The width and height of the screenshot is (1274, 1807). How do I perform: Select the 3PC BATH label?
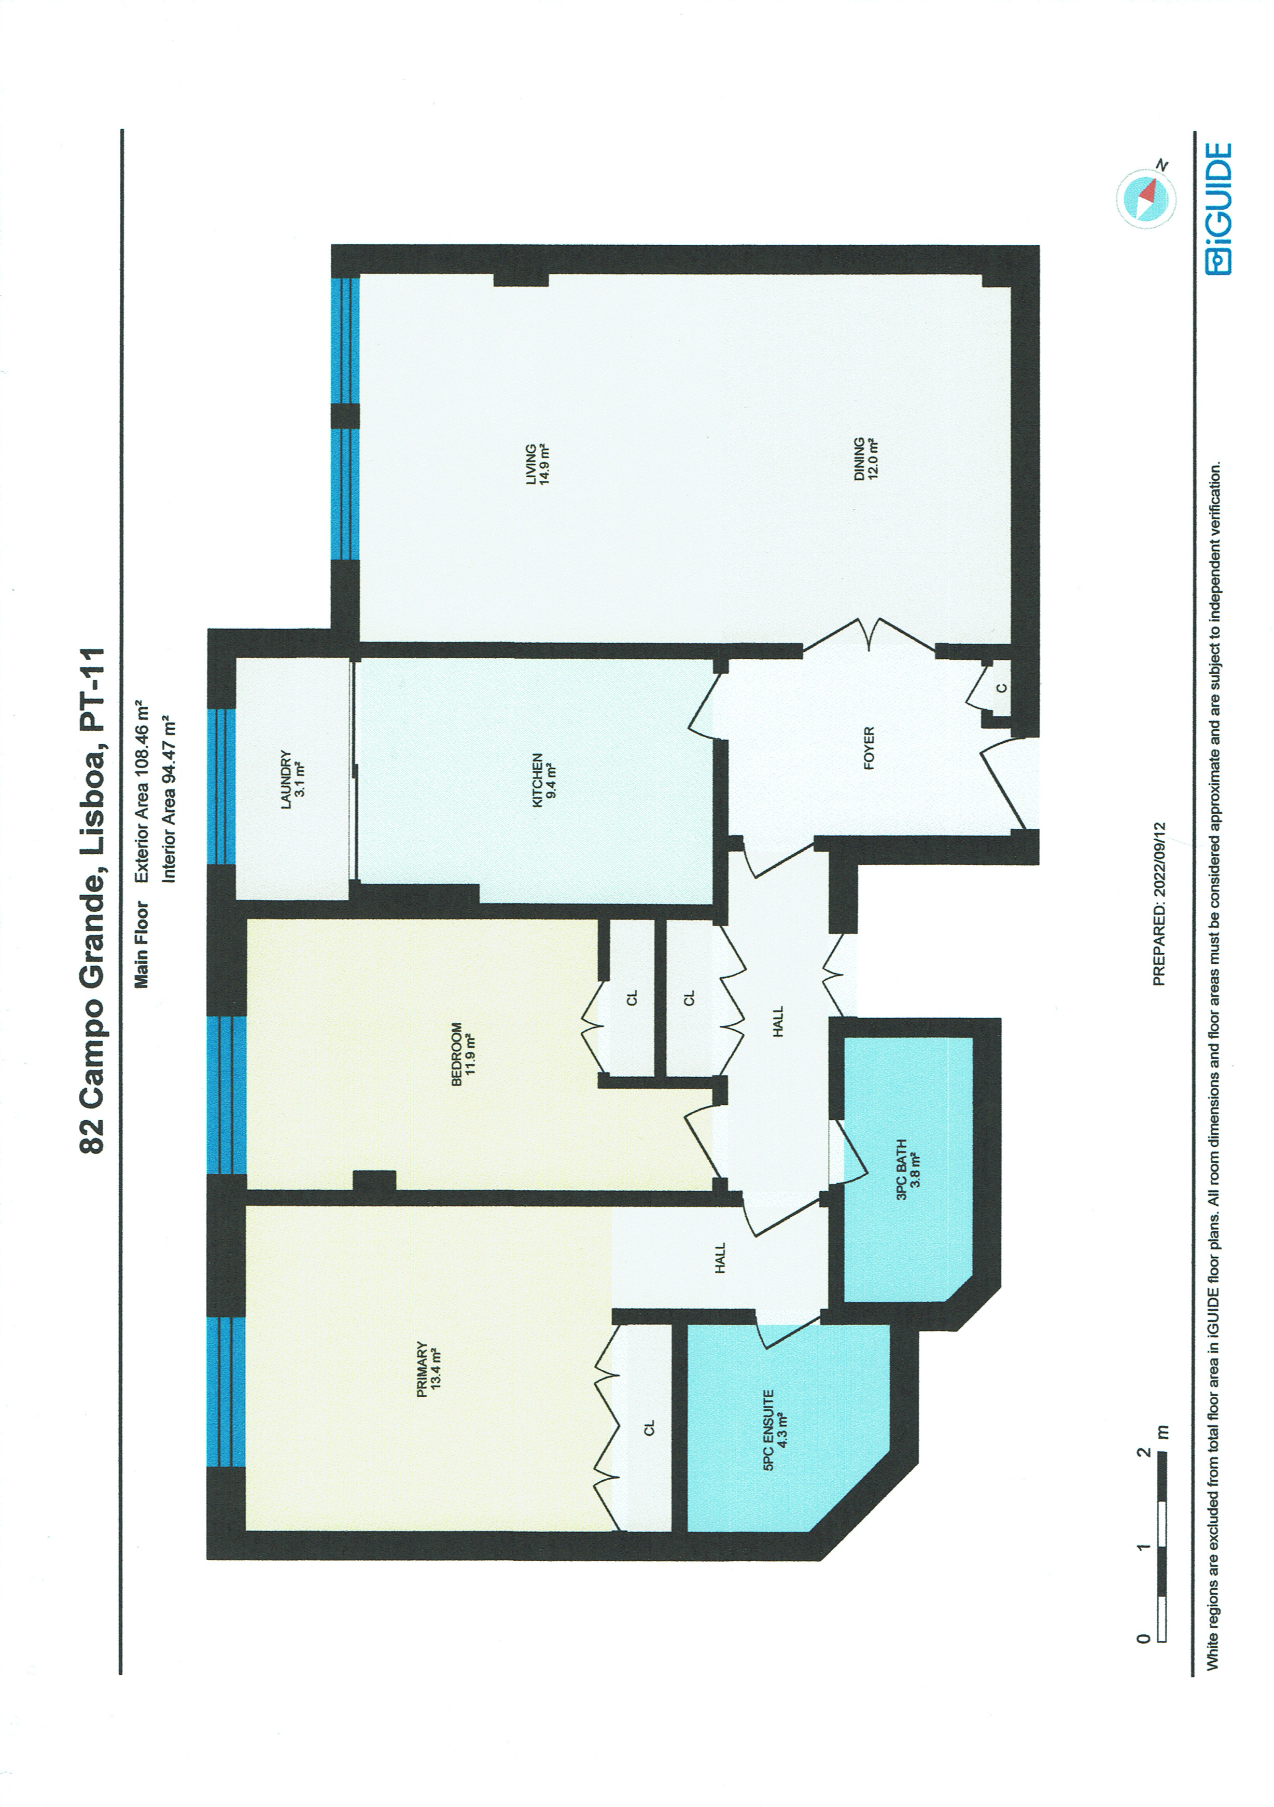[907, 1170]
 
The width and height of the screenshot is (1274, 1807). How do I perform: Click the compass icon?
[1146, 198]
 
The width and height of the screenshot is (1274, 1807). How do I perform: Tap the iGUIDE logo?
[1218, 208]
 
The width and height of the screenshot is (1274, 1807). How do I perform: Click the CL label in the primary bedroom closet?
[649, 1428]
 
